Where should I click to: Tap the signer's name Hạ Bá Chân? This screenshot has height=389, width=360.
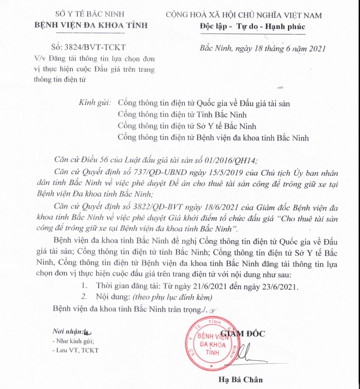click(x=241, y=379)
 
